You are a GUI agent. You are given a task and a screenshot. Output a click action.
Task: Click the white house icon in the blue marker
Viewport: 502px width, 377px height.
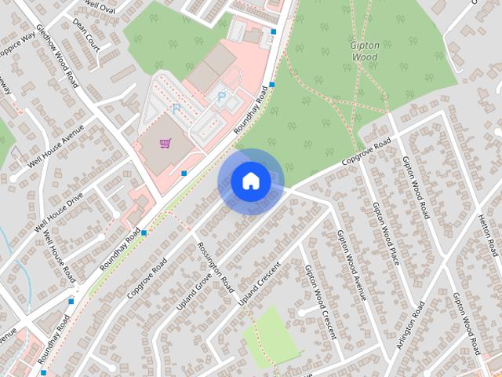(x=250, y=181)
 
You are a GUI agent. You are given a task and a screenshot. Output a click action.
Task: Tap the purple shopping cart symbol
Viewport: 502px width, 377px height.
(x=166, y=143)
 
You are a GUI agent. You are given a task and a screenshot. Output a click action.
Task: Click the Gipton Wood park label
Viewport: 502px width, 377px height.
(x=365, y=51)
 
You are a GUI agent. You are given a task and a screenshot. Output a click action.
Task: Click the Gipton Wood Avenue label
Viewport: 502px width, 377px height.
(x=351, y=265)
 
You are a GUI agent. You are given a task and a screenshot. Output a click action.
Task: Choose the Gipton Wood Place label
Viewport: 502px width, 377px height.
(x=385, y=233)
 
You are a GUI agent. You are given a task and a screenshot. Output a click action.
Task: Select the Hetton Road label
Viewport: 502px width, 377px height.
(x=487, y=235)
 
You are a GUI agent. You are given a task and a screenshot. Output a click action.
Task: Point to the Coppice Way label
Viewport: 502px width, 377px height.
(x=17, y=49)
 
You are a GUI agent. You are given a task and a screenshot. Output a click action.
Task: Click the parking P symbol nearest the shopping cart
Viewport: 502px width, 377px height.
(x=176, y=108)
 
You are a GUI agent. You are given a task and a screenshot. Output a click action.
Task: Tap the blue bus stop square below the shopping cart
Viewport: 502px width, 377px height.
(x=184, y=173)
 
